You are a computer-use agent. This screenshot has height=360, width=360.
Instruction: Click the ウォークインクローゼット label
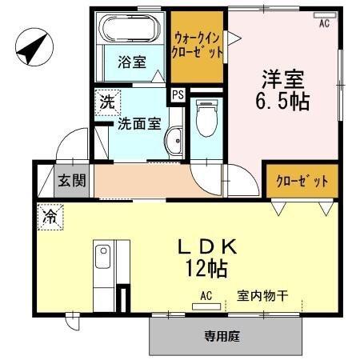click(x=198, y=42)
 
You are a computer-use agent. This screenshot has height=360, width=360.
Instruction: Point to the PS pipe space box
click(x=178, y=94)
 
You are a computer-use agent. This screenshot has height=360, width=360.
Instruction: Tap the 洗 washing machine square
click(x=106, y=102)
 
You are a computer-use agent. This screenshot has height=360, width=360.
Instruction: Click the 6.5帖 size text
click(x=284, y=102)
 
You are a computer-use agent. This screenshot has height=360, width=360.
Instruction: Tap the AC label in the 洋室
click(x=324, y=24)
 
